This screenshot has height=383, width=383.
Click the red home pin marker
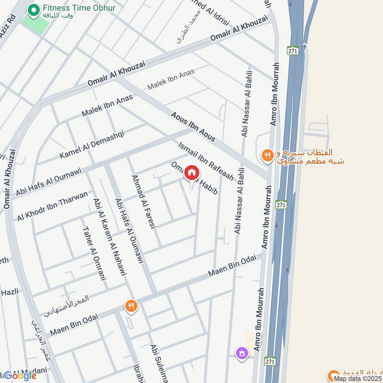point(191,173)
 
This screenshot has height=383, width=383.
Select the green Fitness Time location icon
point(34,9)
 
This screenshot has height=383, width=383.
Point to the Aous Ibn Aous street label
point(192,126)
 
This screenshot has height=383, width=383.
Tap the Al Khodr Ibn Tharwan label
point(53,205)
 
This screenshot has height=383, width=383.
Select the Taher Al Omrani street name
point(94,253)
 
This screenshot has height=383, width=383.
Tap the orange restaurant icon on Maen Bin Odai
point(131,305)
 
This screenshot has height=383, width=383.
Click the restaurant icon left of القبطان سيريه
point(267,155)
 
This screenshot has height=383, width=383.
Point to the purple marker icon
point(242,354)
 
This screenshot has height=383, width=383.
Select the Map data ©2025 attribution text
point(358,378)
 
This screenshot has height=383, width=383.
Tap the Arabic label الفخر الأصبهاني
point(67,306)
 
